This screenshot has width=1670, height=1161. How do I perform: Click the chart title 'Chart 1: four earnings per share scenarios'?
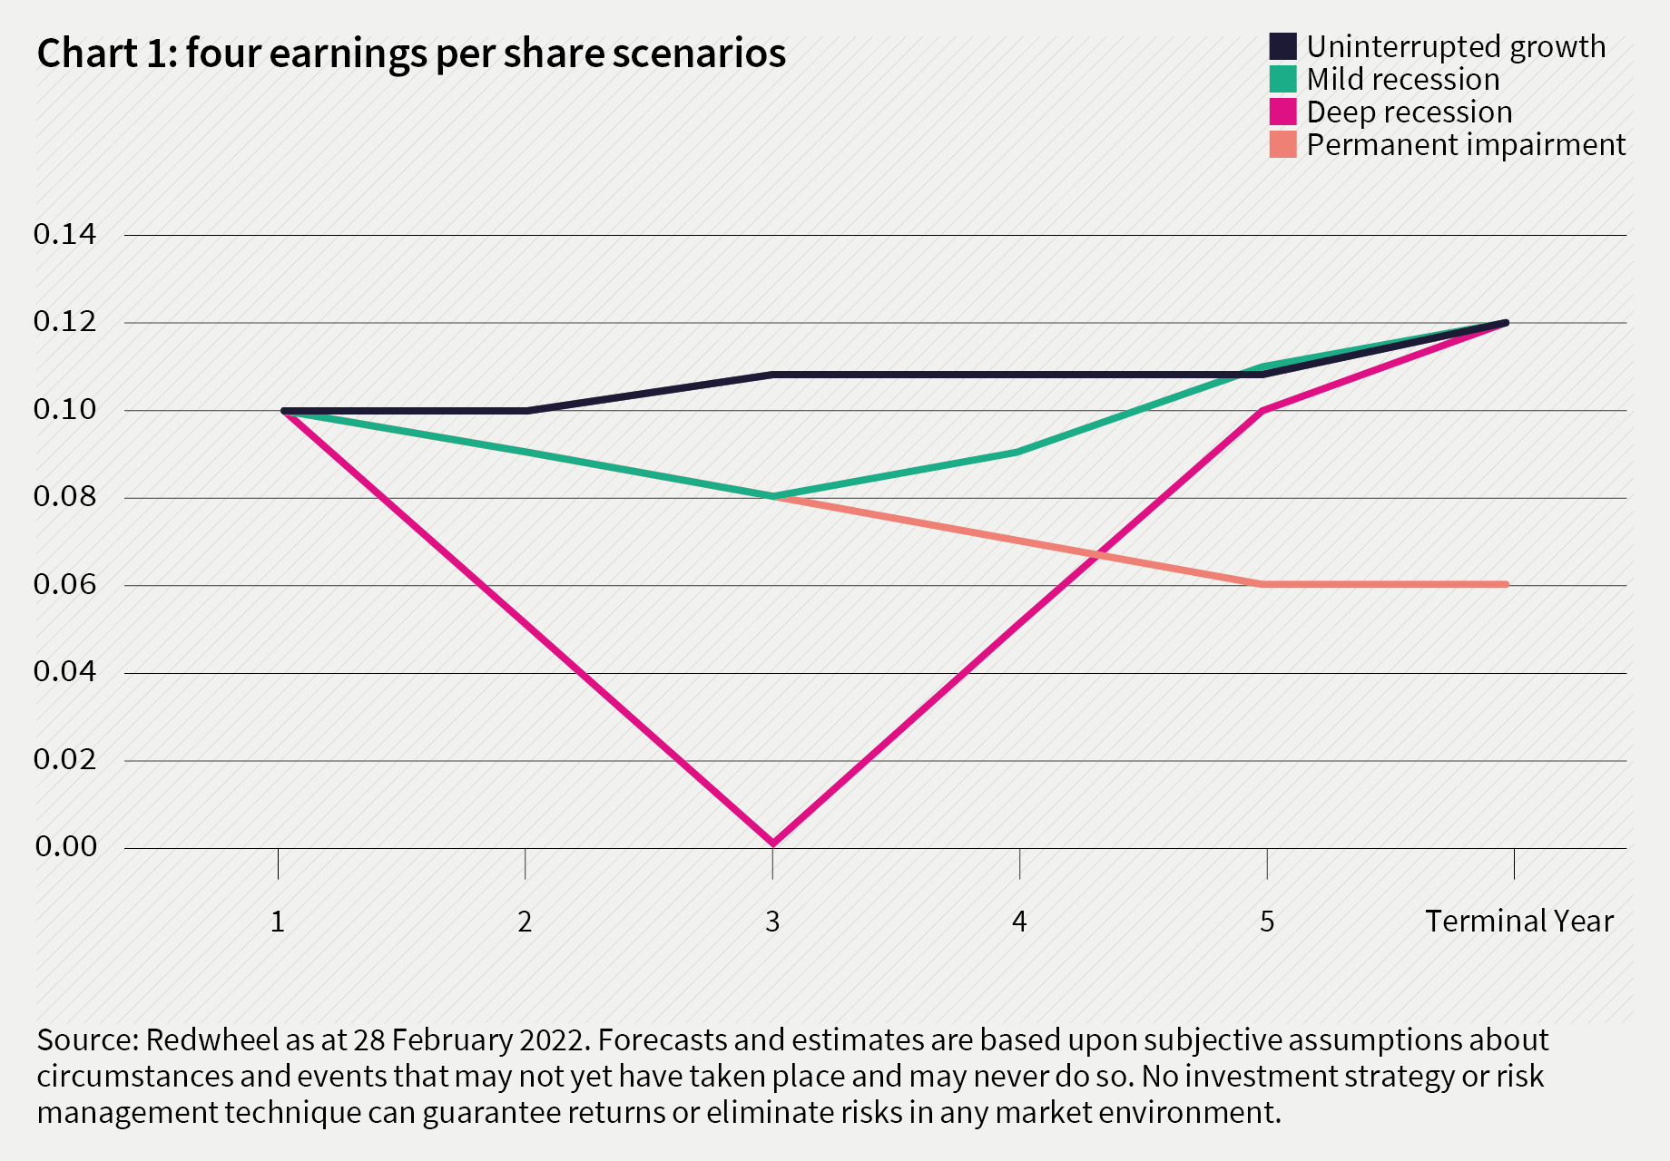(411, 54)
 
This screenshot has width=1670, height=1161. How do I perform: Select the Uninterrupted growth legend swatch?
(1282, 46)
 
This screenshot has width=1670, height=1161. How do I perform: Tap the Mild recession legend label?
(1402, 80)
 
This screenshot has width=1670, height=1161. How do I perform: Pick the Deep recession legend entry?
(1409, 112)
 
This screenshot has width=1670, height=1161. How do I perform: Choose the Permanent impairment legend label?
(1465, 145)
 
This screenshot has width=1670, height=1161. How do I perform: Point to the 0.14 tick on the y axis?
(64, 235)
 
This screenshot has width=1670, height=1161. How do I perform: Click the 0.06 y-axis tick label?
(64, 584)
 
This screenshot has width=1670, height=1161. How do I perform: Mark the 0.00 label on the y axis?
(64, 847)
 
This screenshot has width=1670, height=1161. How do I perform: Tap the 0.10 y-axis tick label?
(64, 410)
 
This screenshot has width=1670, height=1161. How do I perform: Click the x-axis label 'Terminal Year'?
(1518, 922)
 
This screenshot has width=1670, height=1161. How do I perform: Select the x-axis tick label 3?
(772, 922)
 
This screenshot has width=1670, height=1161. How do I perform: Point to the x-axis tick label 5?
(1267, 922)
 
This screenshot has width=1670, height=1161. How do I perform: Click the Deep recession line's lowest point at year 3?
(772, 844)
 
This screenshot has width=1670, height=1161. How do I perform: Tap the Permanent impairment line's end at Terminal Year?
(1506, 584)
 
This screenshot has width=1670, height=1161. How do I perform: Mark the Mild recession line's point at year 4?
(1019, 452)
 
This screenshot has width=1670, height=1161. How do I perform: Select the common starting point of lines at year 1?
(285, 411)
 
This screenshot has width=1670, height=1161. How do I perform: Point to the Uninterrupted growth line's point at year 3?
(772, 375)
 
